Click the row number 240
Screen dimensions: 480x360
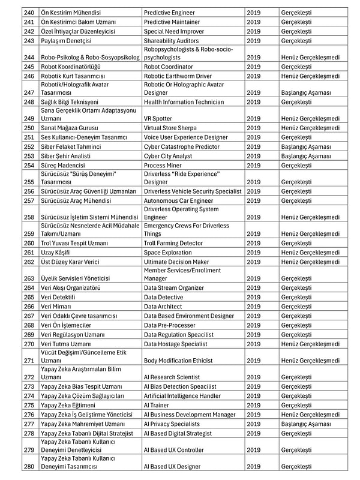tap(29, 13)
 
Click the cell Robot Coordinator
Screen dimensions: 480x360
tap(169, 67)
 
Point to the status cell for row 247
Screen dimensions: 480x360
tap(305, 93)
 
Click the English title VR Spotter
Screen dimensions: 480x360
tap(158, 119)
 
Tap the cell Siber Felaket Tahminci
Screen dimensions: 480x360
tap(71, 146)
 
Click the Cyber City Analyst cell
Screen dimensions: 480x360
tap(169, 155)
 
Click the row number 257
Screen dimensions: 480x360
tap(29, 200)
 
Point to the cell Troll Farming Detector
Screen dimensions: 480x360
tap(173, 243)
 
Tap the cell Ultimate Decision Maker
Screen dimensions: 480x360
tap(176, 262)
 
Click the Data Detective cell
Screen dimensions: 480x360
tap(164, 297)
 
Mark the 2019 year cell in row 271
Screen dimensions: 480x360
tap(253, 360)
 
